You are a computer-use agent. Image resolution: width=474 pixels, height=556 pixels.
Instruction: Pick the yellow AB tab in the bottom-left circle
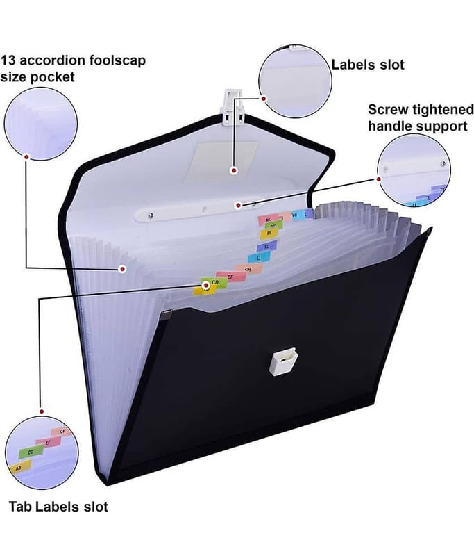pyautogui.click(x=19, y=468)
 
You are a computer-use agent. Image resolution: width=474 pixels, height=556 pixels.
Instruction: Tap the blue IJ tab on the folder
pyautogui.click(x=257, y=257)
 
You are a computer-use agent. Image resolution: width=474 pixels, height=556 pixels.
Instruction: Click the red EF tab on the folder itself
pyautogui.click(x=227, y=277)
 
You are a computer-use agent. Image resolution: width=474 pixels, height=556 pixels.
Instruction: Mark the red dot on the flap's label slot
pyautogui.click(x=235, y=170)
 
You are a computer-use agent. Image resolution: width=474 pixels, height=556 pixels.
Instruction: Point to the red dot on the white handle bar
pyautogui.click(x=237, y=204)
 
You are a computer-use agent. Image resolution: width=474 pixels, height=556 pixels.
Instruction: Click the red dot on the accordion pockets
pyautogui.click(x=122, y=268)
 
